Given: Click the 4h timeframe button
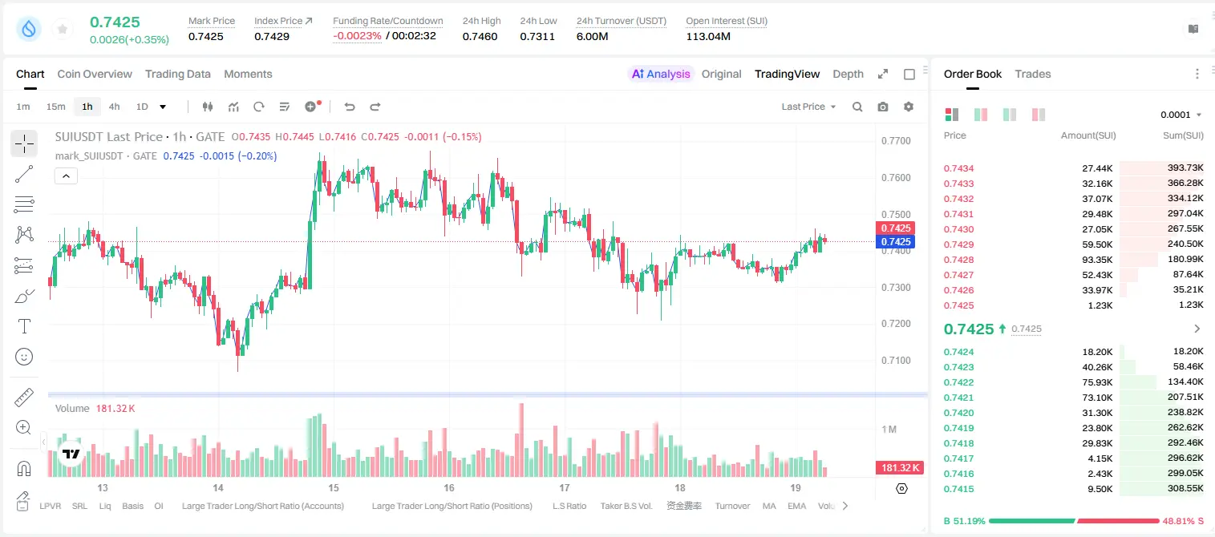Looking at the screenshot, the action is click(x=114, y=107).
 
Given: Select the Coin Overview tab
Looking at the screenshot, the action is click(x=95, y=74).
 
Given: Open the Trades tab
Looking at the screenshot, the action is click(x=1033, y=74).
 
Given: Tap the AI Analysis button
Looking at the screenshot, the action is click(x=661, y=74).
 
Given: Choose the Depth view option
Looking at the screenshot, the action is click(x=848, y=74).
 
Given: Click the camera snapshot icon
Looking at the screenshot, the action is click(x=883, y=107).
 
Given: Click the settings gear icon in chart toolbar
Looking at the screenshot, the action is click(x=909, y=107).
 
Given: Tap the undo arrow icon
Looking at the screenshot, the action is click(x=350, y=107).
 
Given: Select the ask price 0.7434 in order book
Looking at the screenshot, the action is click(x=958, y=168).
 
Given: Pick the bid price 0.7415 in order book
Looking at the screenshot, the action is click(x=958, y=489).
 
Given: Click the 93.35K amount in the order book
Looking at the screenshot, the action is click(x=1097, y=260).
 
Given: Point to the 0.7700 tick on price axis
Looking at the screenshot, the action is click(x=896, y=141).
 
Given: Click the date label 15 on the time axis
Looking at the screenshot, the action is click(x=333, y=487).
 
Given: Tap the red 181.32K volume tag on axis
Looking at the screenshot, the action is click(x=899, y=467).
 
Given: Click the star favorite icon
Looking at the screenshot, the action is click(x=63, y=29).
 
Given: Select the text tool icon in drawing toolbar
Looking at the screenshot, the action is click(x=24, y=326).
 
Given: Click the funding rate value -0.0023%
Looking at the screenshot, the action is click(x=357, y=36).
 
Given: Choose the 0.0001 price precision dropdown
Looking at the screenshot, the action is click(x=1181, y=115).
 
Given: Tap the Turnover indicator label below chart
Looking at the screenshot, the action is click(x=732, y=506).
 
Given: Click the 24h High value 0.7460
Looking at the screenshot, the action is click(x=480, y=36).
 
